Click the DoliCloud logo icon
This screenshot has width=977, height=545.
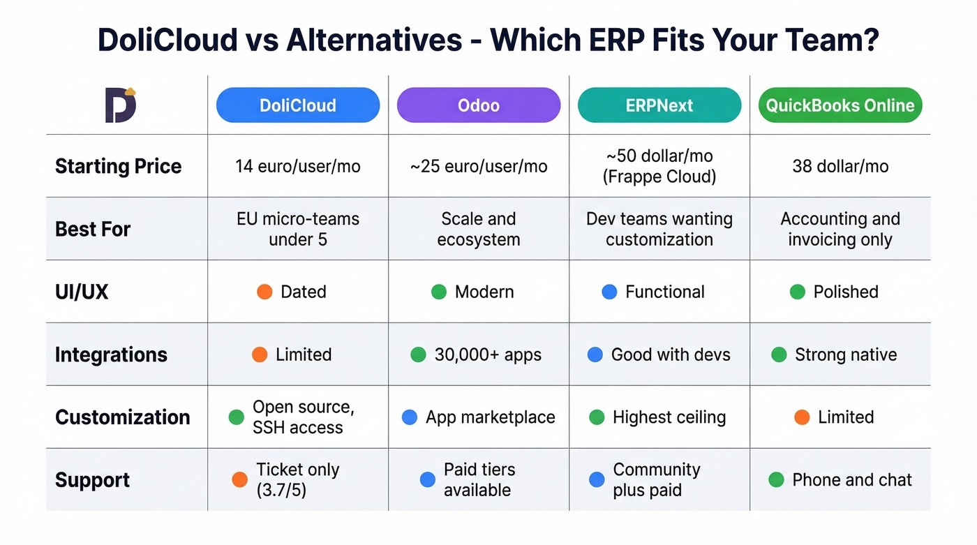click(120, 105)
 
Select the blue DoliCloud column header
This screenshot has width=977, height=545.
click(298, 105)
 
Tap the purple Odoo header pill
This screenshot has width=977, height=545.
click(479, 105)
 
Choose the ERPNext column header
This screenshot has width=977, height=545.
click(659, 105)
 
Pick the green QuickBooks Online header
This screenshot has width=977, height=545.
click(840, 105)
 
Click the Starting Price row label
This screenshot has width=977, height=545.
click(118, 166)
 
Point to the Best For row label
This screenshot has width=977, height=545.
click(93, 229)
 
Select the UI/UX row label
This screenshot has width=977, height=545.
click(82, 292)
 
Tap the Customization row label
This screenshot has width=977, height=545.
click(122, 417)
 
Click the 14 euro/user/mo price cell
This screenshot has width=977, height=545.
click(298, 166)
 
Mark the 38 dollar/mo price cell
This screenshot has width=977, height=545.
click(840, 166)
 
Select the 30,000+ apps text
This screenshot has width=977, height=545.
click(488, 354)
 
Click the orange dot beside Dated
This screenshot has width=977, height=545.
click(264, 292)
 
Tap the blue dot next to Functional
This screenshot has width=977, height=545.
click(609, 292)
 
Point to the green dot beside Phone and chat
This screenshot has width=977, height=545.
click(776, 480)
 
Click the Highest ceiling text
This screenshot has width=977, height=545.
click(669, 417)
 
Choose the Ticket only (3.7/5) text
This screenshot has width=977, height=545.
click(298, 479)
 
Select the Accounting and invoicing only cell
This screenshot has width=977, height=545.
click(840, 229)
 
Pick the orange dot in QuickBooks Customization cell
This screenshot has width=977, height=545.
click(802, 417)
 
